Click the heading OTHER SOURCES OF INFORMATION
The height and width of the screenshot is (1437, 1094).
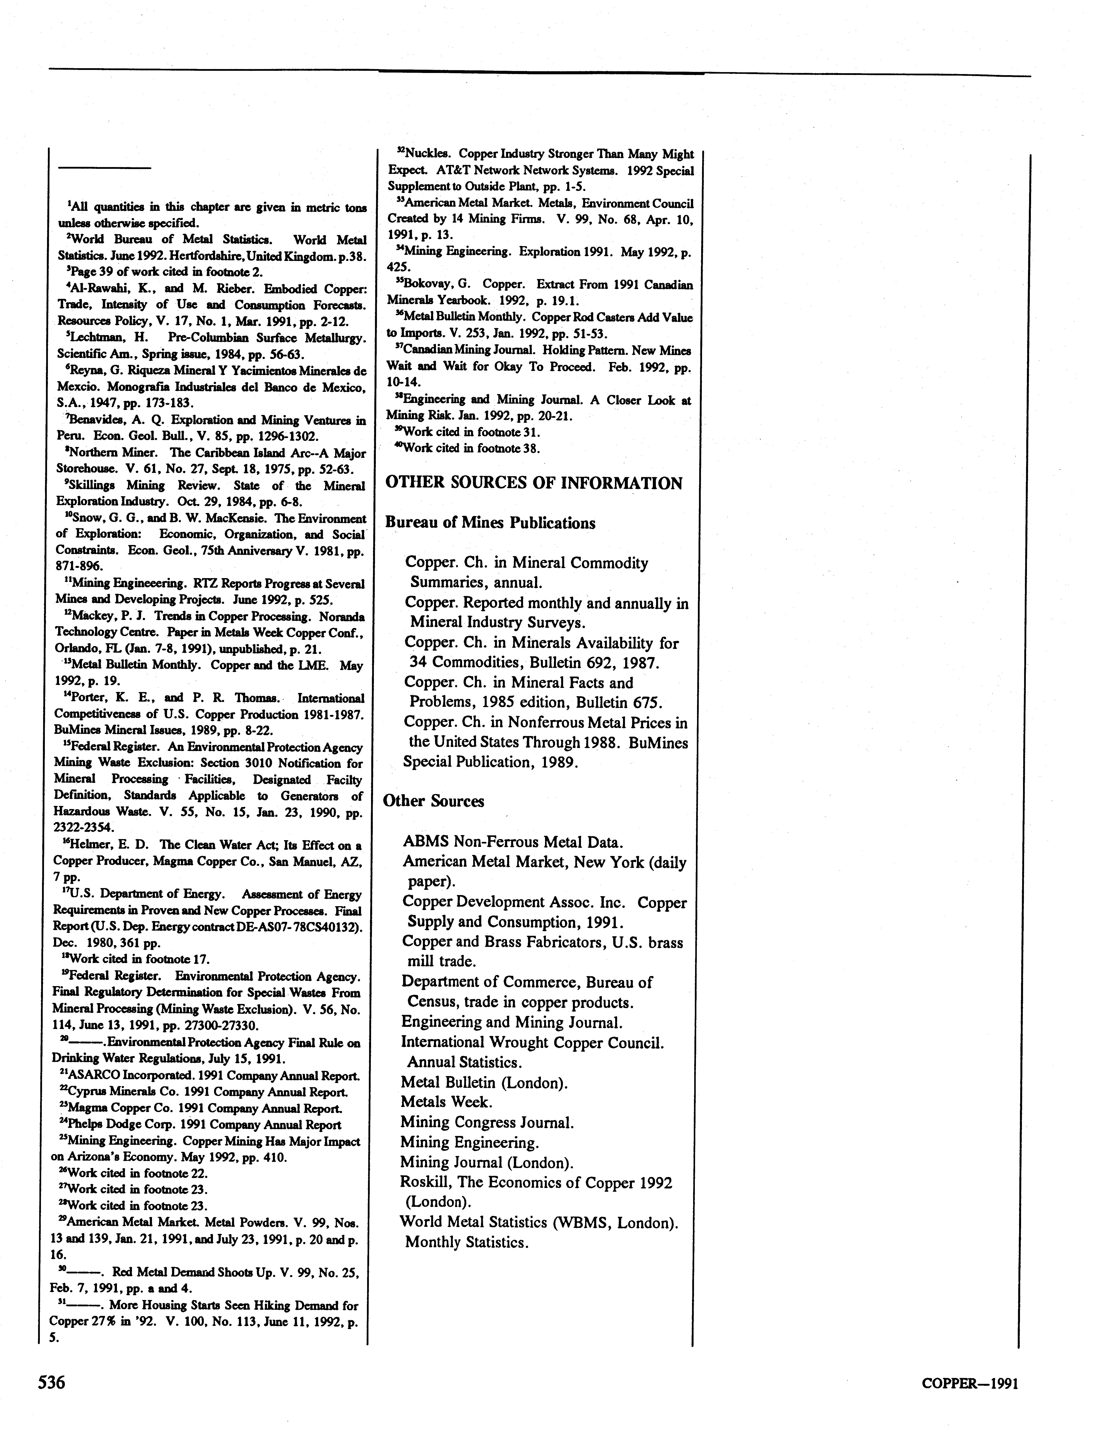[x=534, y=483]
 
